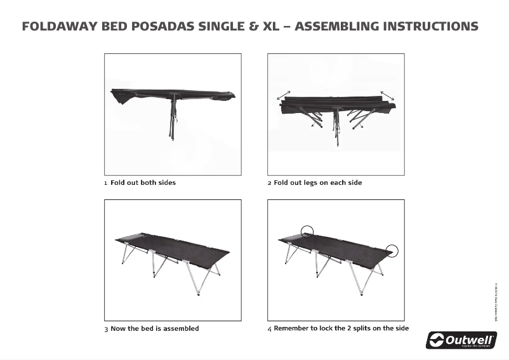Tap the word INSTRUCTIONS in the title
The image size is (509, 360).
pyautogui.click(x=427, y=27)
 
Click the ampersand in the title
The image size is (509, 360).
pyautogui.click(x=253, y=27)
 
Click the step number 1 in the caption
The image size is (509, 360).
pyautogui.click(x=106, y=183)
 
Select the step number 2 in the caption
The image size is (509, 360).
pyautogui.click(x=269, y=183)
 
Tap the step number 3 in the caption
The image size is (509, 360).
pyautogui.click(x=106, y=329)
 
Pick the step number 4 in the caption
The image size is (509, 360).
pyautogui.click(x=270, y=329)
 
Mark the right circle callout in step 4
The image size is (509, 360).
pyautogui.click(x=392, y=251)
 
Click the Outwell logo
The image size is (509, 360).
pyautogui.click(x=461, y=340)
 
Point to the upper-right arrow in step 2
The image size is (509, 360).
pyautogui.click(x=387, y=95)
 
